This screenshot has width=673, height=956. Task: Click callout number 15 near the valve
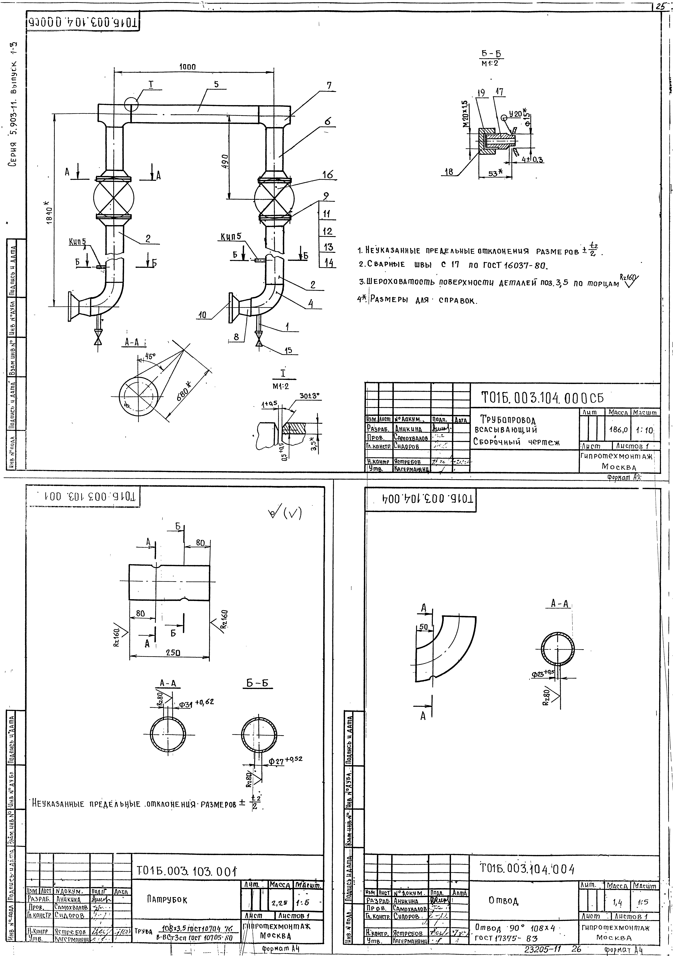coord(288,351)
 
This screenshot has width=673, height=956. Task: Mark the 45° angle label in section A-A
coord(150,356)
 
